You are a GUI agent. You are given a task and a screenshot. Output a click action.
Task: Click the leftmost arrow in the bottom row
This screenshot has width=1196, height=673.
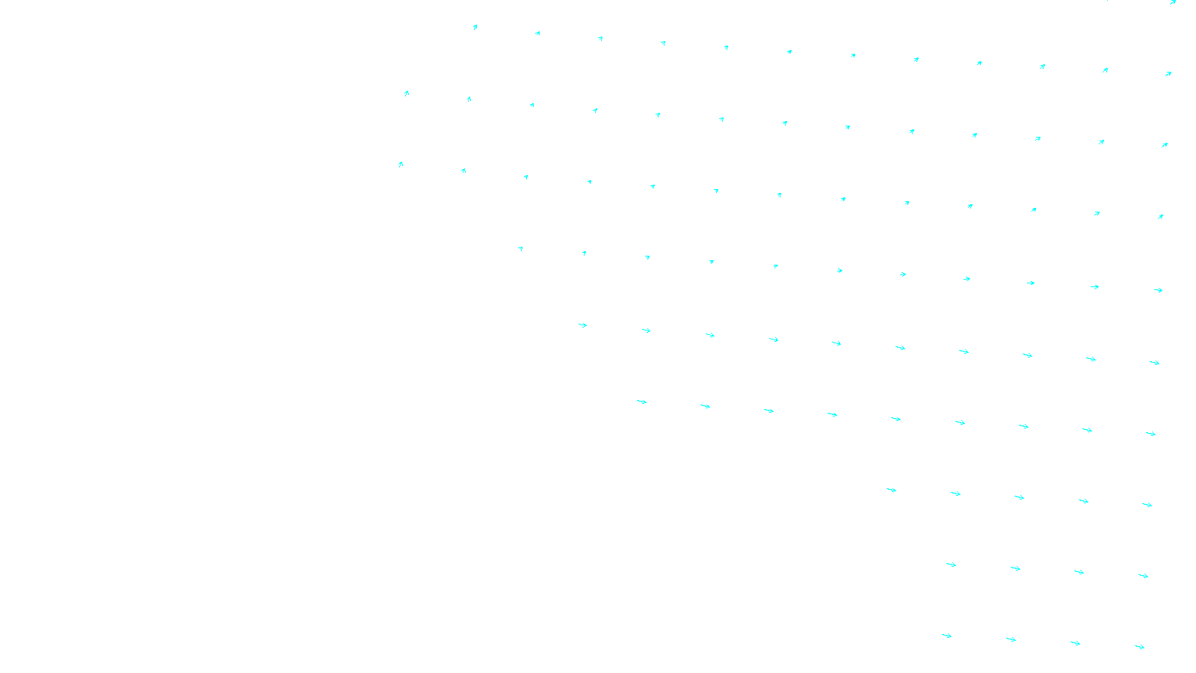click(946, 636)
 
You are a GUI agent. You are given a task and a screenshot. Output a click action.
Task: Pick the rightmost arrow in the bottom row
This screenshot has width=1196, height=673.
click(1139, 647)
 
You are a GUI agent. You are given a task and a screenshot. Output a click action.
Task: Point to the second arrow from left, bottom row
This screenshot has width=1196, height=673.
click(1011, 639)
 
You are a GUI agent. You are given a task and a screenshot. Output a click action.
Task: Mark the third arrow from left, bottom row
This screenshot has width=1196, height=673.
click(1075, 643)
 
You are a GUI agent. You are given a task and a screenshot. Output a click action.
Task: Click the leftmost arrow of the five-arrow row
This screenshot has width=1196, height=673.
click(891, 490)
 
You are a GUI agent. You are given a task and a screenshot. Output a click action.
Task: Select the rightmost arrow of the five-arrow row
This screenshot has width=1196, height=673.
click(1147, 505)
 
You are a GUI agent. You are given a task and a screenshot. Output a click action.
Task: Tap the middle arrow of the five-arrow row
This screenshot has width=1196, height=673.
click(1019, 497)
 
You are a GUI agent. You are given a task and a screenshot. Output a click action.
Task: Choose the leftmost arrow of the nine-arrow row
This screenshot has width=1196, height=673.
click(641, 402)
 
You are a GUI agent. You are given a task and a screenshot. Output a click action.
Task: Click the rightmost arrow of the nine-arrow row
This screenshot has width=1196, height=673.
click(1150, 434)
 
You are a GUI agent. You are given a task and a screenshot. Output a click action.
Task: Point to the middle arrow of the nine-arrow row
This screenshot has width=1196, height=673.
click(896, 419)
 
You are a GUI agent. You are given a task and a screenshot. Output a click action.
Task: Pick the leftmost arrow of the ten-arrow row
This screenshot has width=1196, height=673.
click(582, 325)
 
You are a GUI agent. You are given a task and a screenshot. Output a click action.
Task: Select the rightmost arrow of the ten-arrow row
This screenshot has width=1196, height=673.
click(1154, 363)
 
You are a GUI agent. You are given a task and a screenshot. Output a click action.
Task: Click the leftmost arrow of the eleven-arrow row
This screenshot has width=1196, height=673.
click(520, 248)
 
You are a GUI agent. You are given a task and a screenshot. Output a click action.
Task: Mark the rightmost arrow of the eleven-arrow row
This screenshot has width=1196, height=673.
click(1158, 290)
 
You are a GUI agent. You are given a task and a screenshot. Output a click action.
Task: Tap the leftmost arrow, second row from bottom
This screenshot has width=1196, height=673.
click(951, 565)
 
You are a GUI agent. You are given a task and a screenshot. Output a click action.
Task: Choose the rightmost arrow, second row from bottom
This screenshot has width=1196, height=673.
click(1143, 576)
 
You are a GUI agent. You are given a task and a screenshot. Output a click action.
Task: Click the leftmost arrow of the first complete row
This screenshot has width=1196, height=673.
click(475, 28)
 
